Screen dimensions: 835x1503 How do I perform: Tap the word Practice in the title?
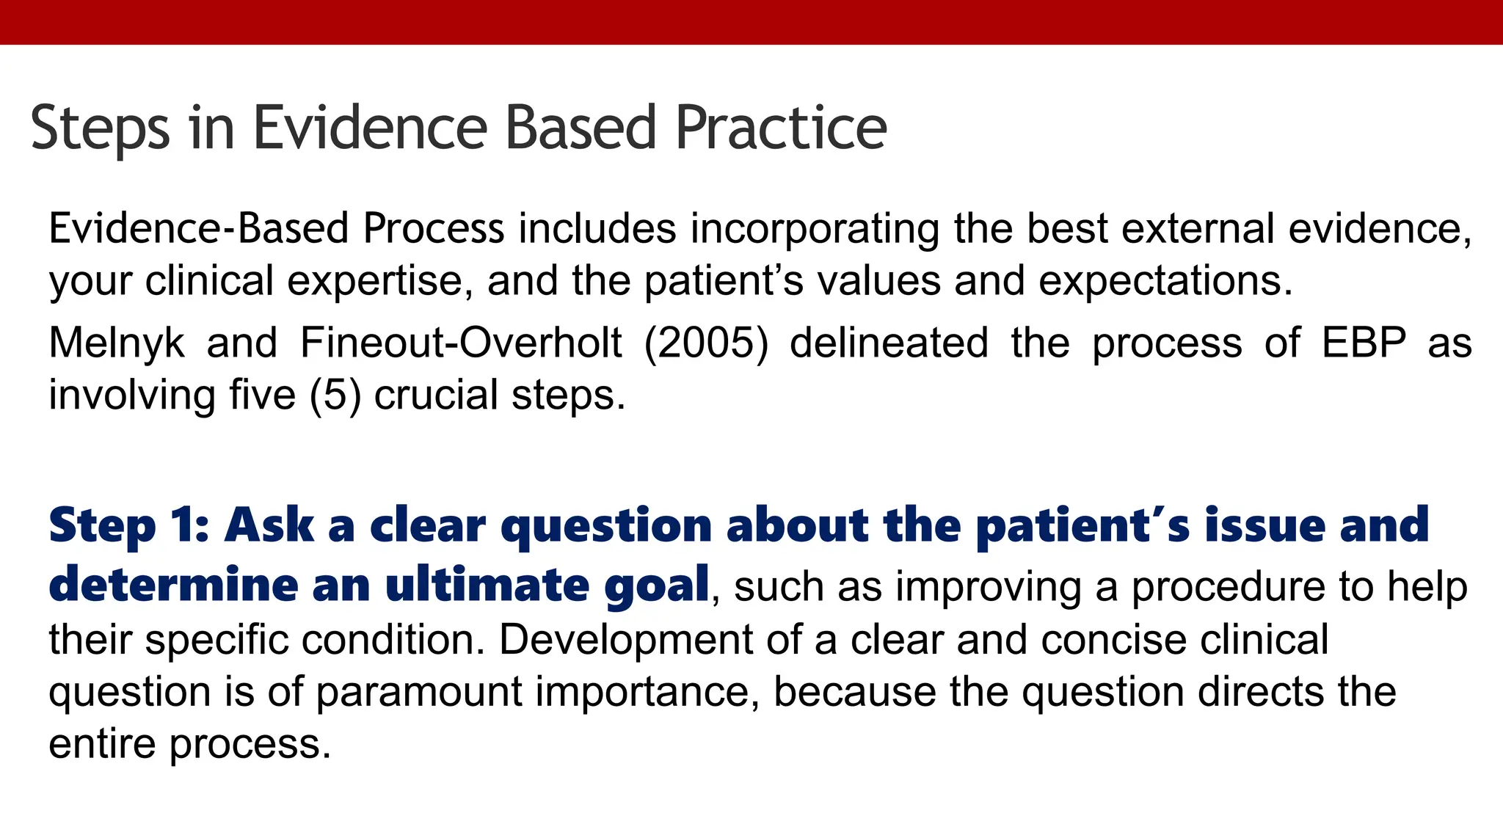[x=781, y=128]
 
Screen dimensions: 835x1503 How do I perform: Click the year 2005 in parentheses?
[x=706, y=343]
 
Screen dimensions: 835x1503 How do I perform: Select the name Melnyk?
[x=117, y=343]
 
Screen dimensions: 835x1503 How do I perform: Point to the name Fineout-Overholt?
[x=461, y=343]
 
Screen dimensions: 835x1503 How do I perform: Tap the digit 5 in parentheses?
[x=335, y=395]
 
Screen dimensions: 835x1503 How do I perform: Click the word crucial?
[x=436, y=395]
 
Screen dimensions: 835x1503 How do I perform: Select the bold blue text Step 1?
[x=129, y=525]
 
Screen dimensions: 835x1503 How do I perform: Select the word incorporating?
[x=814, y=229]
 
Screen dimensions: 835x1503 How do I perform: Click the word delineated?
[x=889, y=343]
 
